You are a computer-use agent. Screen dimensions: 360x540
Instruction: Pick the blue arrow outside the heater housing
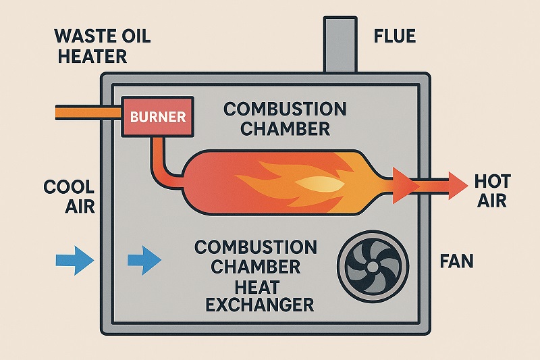tap(74, 259)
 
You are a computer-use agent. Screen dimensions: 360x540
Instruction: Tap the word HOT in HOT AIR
tap(493, 181)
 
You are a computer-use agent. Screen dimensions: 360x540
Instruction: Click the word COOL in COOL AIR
tap(68, 188)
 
